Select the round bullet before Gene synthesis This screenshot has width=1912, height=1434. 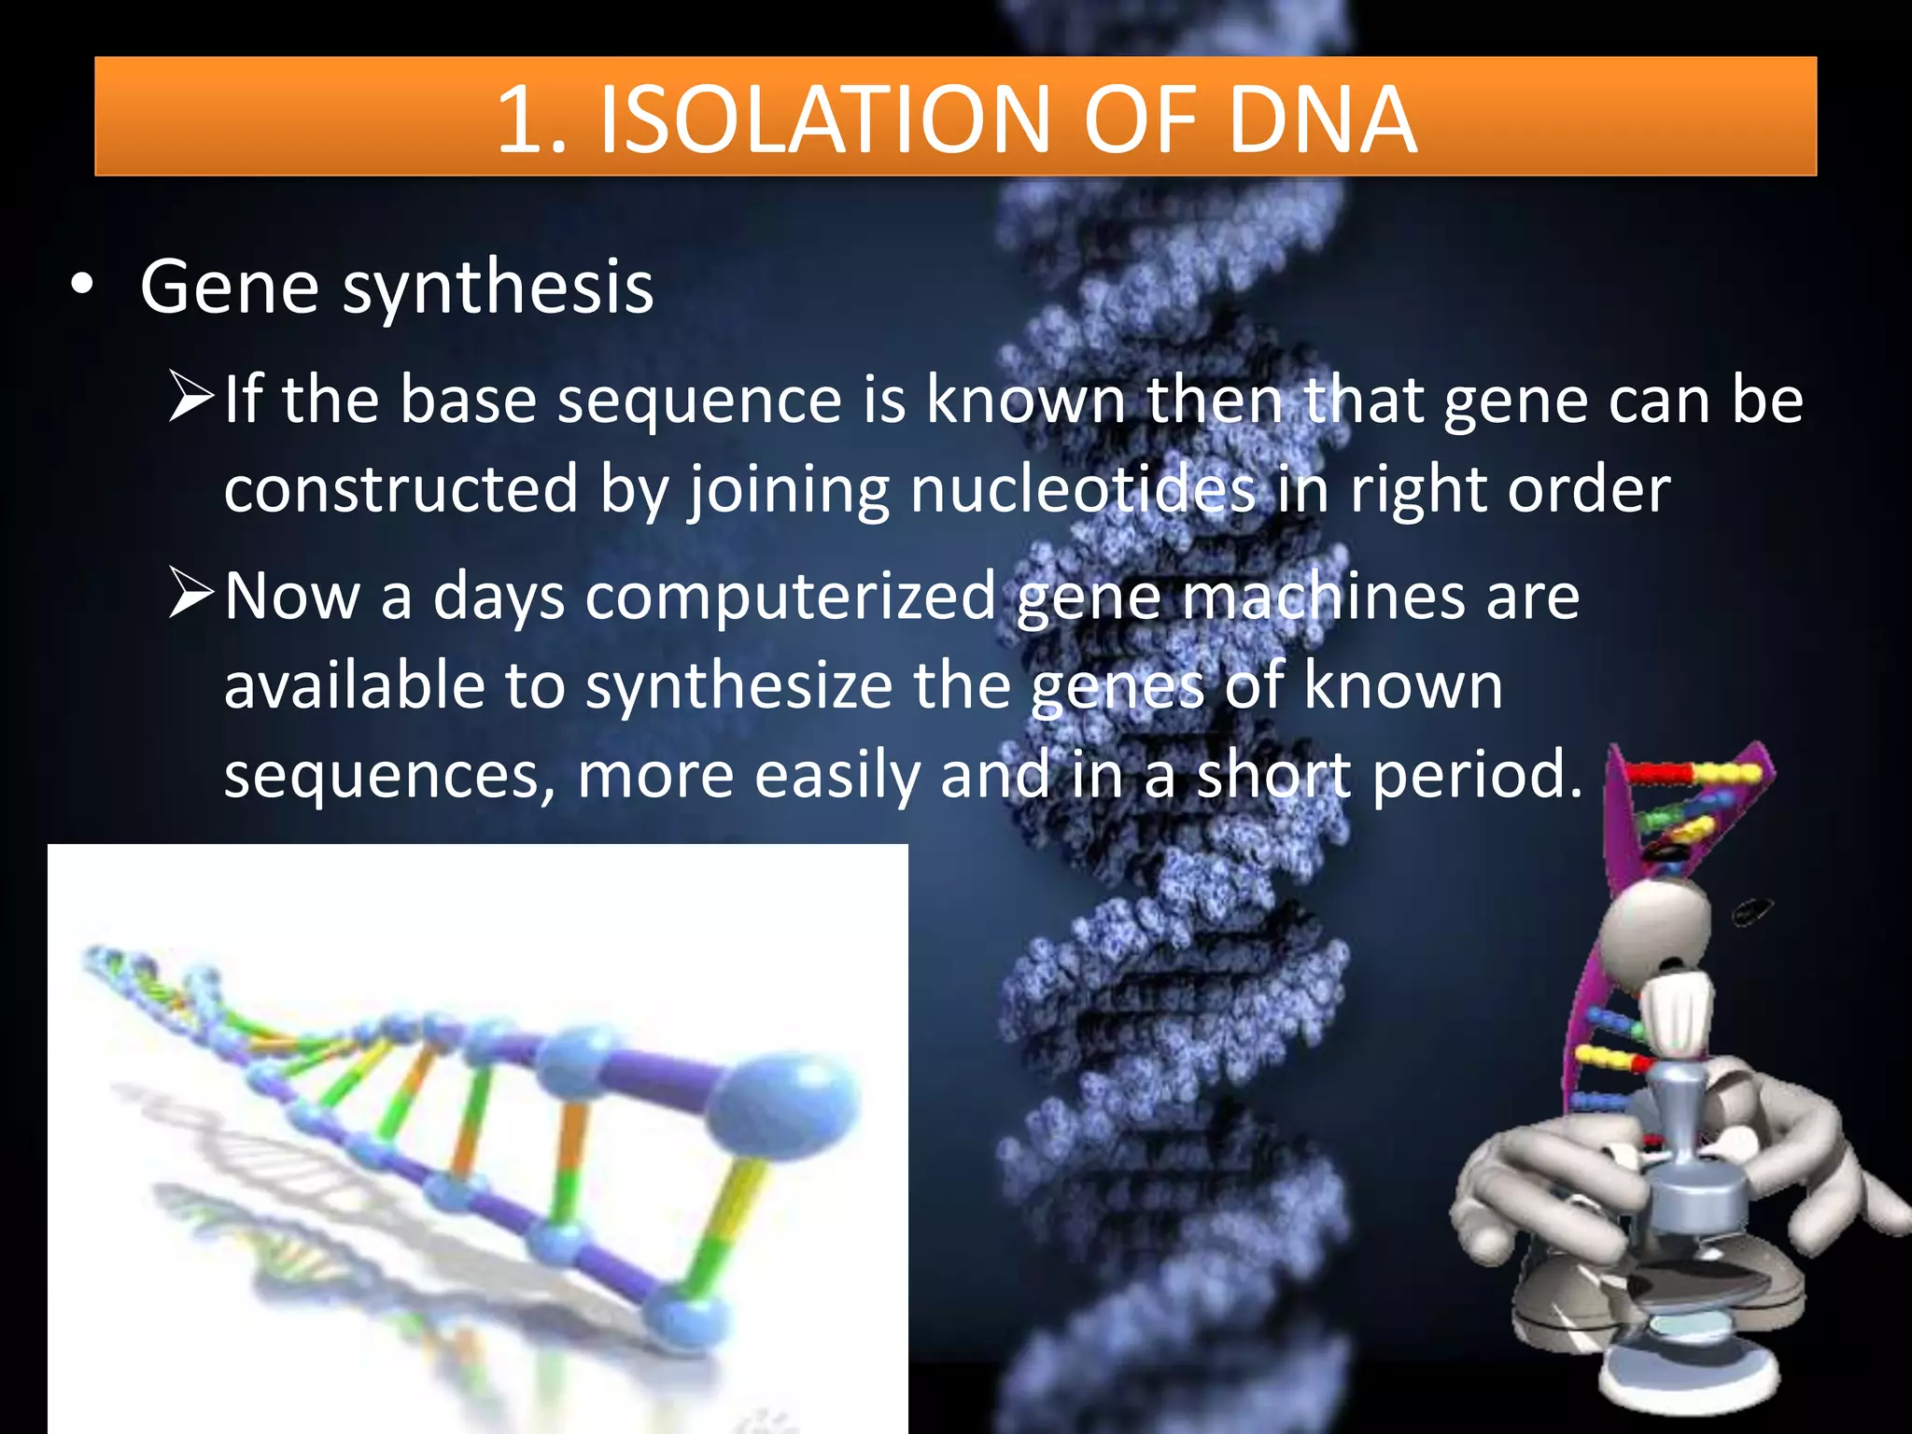pos(82,286)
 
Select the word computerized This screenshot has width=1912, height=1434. pos(790,597)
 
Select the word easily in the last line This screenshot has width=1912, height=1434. pos(837,775)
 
